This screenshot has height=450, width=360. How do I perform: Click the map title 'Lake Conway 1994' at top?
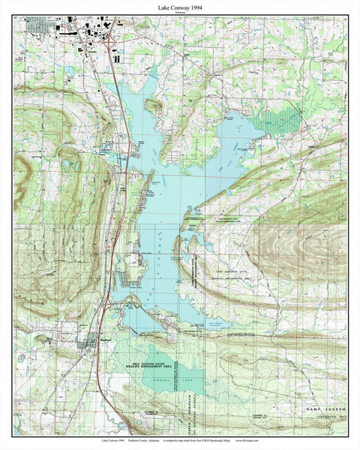pyautogui.click(x=180, y=6)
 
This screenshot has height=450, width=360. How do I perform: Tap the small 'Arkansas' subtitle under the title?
pyautogui.click(x=180, y=13)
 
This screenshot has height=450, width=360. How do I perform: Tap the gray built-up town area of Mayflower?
pyautogui.click(x=87, y=344)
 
